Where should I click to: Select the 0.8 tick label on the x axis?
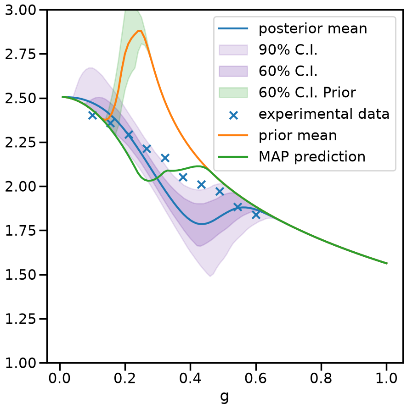coord(321,378)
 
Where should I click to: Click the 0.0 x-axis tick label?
coord(60,378)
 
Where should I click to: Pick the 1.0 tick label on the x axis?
coord(386,378)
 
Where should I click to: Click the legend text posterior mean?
coord(313,28)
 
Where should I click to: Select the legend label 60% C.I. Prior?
coord(307,92)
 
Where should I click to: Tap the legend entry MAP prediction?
coord(312,157)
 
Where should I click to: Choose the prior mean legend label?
coord(298,135)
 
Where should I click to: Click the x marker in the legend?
coord(233,115)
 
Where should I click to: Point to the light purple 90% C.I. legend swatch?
coord(233,50)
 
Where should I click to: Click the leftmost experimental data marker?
coord(92,115)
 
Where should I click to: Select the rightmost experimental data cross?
coord(256,215)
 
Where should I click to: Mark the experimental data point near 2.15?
coord(165,158)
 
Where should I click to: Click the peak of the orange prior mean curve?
coord(140,31)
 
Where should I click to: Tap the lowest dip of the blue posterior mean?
coord(201,224)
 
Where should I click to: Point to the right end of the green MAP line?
coord(387,264)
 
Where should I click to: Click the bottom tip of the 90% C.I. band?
coord(210,276)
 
